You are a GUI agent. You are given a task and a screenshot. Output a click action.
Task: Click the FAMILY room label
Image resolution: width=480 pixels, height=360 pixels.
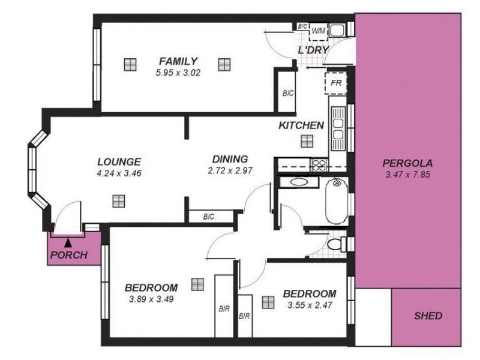pyautogui.click(x=178, y=61)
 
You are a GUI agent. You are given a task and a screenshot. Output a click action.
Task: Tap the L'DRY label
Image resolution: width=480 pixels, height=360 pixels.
pyautogui.click(x=313, y=50)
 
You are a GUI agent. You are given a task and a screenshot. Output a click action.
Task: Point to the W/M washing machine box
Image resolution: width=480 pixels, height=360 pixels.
pyautogui.click(x=319, y=31)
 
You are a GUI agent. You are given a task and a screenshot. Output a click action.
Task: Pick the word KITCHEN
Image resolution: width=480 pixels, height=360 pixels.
pyautogui.click(x=301, y=125)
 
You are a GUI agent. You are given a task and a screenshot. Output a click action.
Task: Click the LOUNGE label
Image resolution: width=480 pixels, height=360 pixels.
pyautogui.click(x=119, y=161)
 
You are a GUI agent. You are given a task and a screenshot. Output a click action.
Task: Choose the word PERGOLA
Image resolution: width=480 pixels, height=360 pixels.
pyautogui.click(x=408, y=163)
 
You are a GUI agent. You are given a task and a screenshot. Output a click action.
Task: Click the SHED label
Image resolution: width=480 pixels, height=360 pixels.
pyautogui.click(x=428, y=316)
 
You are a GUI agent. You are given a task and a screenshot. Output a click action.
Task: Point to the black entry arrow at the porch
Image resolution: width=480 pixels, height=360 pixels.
pyautogui.click(x=67, y=242)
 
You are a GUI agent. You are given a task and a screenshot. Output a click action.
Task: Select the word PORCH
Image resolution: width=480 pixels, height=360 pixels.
pyautogui.click(x=69, y=255)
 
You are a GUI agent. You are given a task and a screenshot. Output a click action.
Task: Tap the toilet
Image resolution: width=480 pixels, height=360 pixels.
pyautogui.click(x=337, y=244)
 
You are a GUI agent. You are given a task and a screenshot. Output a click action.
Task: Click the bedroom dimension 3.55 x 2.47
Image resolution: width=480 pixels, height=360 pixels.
pyautogui.click(x=309, y=305)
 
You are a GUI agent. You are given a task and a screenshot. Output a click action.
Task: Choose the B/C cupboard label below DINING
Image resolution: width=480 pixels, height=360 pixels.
pyautogui.click(x=209, y=217)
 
